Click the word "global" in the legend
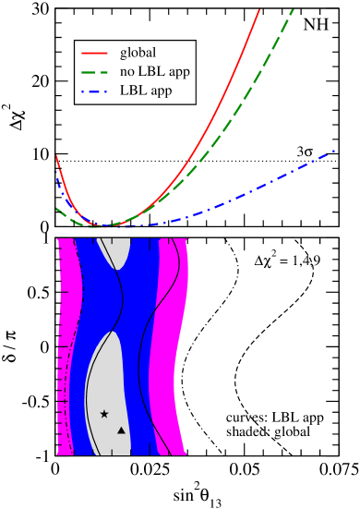(138, 52)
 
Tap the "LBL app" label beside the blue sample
(145, 91)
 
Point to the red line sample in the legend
(95, 52)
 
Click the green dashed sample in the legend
(95, 71)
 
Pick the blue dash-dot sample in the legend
(95, 91)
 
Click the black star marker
(104, 414)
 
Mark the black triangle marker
(121, 430)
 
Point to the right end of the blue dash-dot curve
(333, 150)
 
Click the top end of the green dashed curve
(293, 10)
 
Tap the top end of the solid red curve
(259, 10)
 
